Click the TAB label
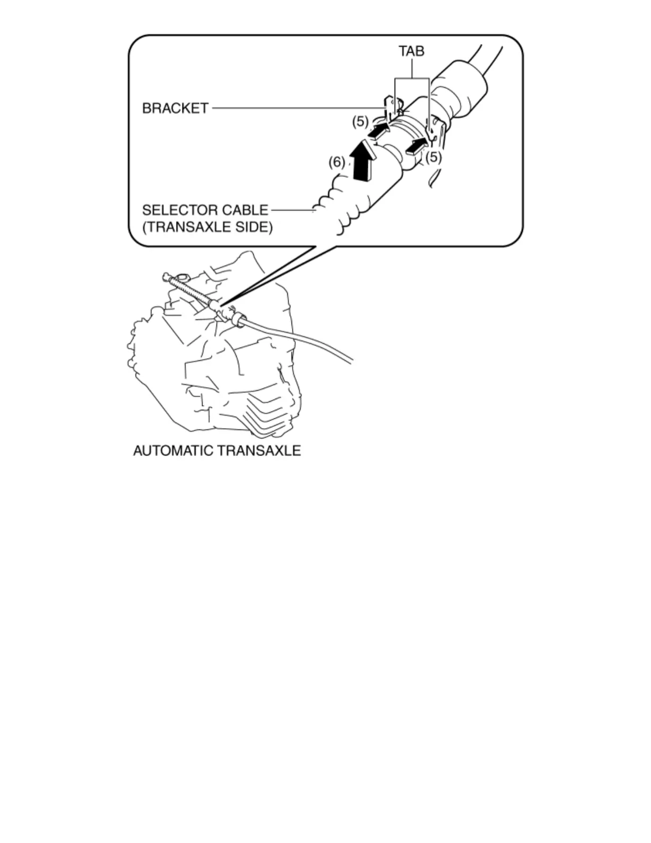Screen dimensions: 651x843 412,51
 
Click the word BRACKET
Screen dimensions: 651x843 175,109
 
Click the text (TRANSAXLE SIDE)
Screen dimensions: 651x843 207,227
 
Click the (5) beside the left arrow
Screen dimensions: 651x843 360,121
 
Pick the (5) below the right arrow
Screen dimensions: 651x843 433,158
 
